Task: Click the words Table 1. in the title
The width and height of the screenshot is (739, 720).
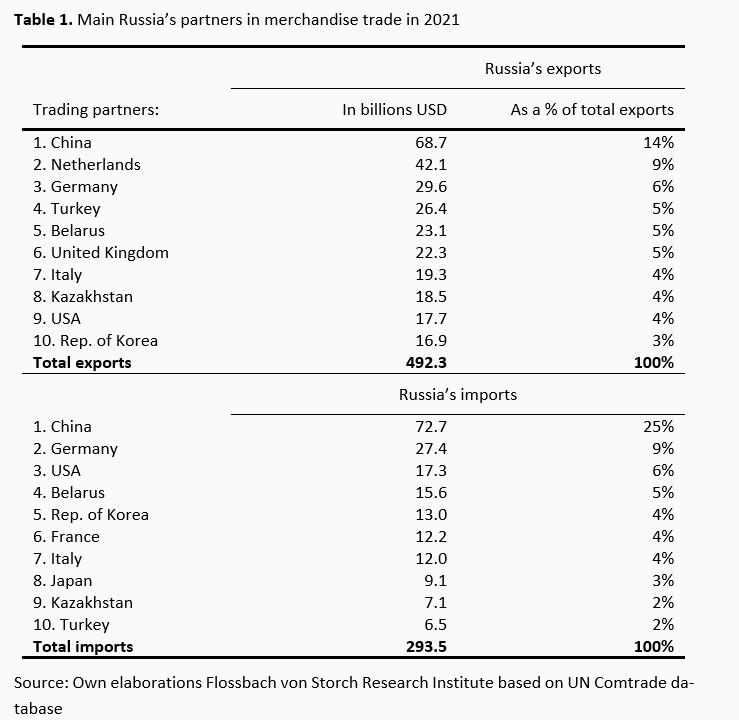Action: (43, 19)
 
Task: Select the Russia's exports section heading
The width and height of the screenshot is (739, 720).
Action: (542, 69)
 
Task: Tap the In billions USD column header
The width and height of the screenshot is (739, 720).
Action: (394, 110)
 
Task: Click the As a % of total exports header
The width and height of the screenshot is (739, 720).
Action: (592, 110)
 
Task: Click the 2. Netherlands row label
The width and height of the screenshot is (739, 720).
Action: (87, 165)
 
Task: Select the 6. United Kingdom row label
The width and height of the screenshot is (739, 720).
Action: (101, 253)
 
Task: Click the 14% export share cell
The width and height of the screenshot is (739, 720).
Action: (659, 143)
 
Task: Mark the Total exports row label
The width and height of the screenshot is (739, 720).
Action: (82, 362)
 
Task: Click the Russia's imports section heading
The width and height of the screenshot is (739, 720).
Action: (458, 395)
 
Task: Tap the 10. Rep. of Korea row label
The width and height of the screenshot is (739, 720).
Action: (95, 340)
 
